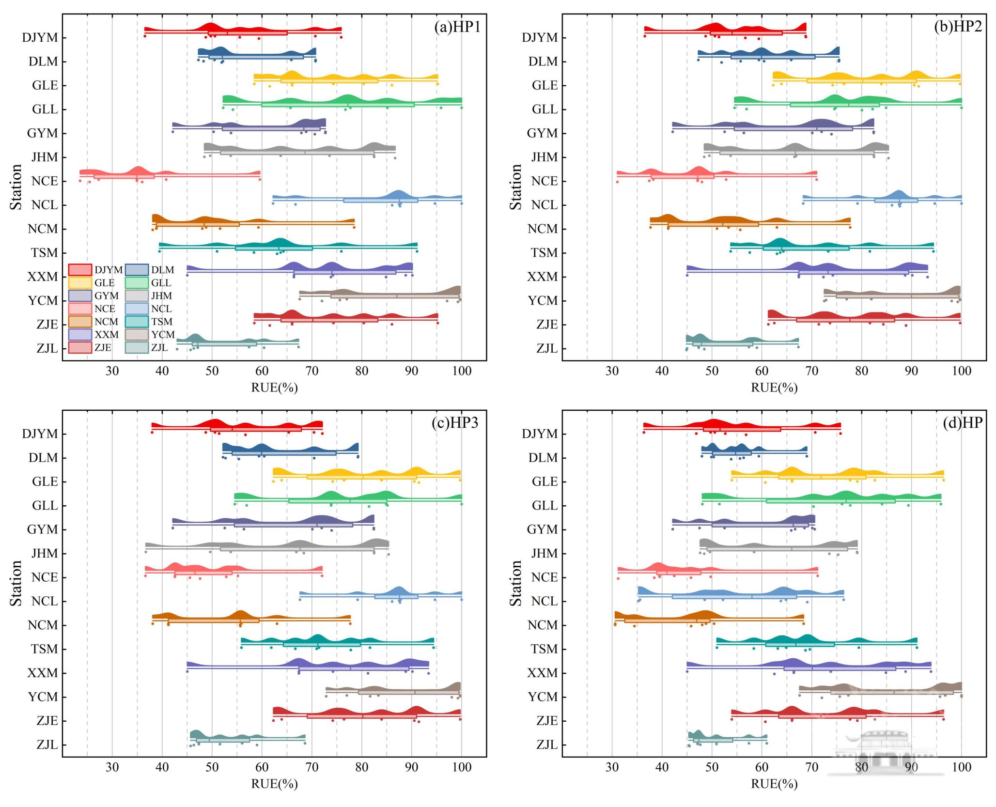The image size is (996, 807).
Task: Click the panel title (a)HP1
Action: point(457,27)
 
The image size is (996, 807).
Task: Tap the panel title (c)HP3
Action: point(455,423)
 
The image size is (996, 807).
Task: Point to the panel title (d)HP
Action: point(963,423)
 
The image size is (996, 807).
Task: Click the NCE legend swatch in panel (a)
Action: point(80,309)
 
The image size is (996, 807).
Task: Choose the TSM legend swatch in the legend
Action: point(137,322)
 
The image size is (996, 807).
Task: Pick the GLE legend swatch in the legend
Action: point(80,283)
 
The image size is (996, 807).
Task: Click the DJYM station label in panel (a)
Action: point(40,38)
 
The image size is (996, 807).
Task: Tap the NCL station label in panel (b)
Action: point(544,205)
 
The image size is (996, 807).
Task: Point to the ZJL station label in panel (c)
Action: point(47,745)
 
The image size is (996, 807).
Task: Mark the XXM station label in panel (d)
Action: point(542,673)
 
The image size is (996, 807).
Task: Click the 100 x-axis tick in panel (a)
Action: point(461,371)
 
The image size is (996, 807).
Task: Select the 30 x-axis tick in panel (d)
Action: point(612,767)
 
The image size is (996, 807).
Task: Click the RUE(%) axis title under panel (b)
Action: point(774,388)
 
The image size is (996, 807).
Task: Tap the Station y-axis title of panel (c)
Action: point(16,583)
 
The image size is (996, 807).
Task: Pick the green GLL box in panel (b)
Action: point(834,105)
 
